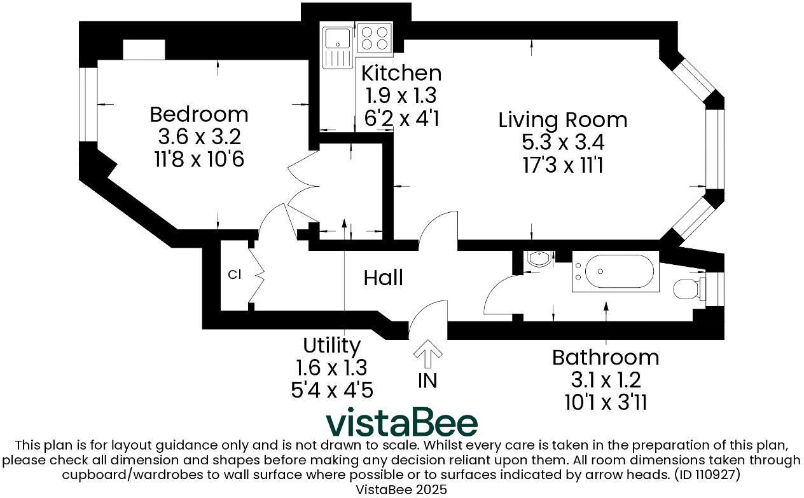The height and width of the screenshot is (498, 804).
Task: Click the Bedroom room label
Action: [x=198, y=115]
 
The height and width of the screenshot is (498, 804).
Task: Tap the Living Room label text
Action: [x=562, y=120]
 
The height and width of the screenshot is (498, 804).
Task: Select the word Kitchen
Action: [x=401, y=73]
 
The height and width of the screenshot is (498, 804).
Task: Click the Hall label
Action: [x=384, y=278]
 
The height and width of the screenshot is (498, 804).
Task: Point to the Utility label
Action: [x=331, y=346]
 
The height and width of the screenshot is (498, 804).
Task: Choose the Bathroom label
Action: [x=605, y=357]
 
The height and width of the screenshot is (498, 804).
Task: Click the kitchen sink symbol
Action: [x=337, y=46]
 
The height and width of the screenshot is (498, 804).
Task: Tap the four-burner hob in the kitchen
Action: [x=375, y=37]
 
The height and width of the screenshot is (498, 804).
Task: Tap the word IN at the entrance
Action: [x=427, y=380]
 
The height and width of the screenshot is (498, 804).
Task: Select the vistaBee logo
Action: [x=401, y=423]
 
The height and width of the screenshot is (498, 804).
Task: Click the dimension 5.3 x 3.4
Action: [x=562, y=143]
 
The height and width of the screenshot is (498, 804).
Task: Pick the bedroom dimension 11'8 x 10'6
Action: [x=198, y=159]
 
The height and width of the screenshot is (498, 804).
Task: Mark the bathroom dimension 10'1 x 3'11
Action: [x=605, y=401]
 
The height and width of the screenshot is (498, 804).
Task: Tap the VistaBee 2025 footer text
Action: [x=401, y=490]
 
